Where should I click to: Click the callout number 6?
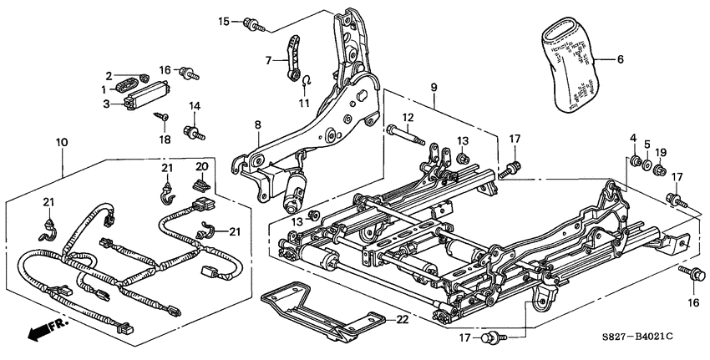coord(621,59)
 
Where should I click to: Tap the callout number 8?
coord(258,125)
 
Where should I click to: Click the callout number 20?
coord(200,166)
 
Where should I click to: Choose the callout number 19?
coord(661,152)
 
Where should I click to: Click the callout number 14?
coord(195,106)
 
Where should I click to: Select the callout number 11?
coord(305,104)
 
